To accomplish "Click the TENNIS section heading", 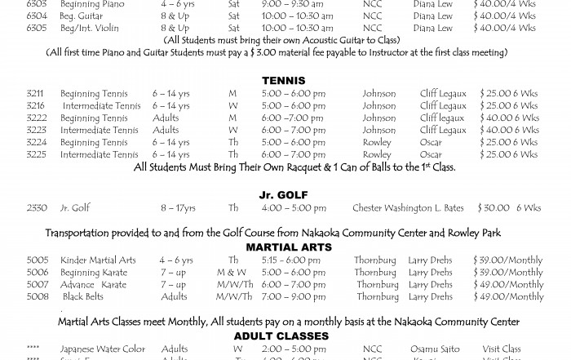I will [284, 81].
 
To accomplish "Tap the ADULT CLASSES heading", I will [281, 336].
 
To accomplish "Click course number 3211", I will [35, 94].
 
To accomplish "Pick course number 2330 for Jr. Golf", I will [37, 208].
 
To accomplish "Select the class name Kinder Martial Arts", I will [98, 260].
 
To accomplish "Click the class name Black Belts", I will [83, 297].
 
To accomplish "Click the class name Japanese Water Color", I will [103, 349].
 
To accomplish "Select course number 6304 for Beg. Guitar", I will [37, 16].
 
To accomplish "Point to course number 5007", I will [38, 285].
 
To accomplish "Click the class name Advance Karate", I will [93, 285].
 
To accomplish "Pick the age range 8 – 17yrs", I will [178, 208].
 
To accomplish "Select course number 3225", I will [35, 154].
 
